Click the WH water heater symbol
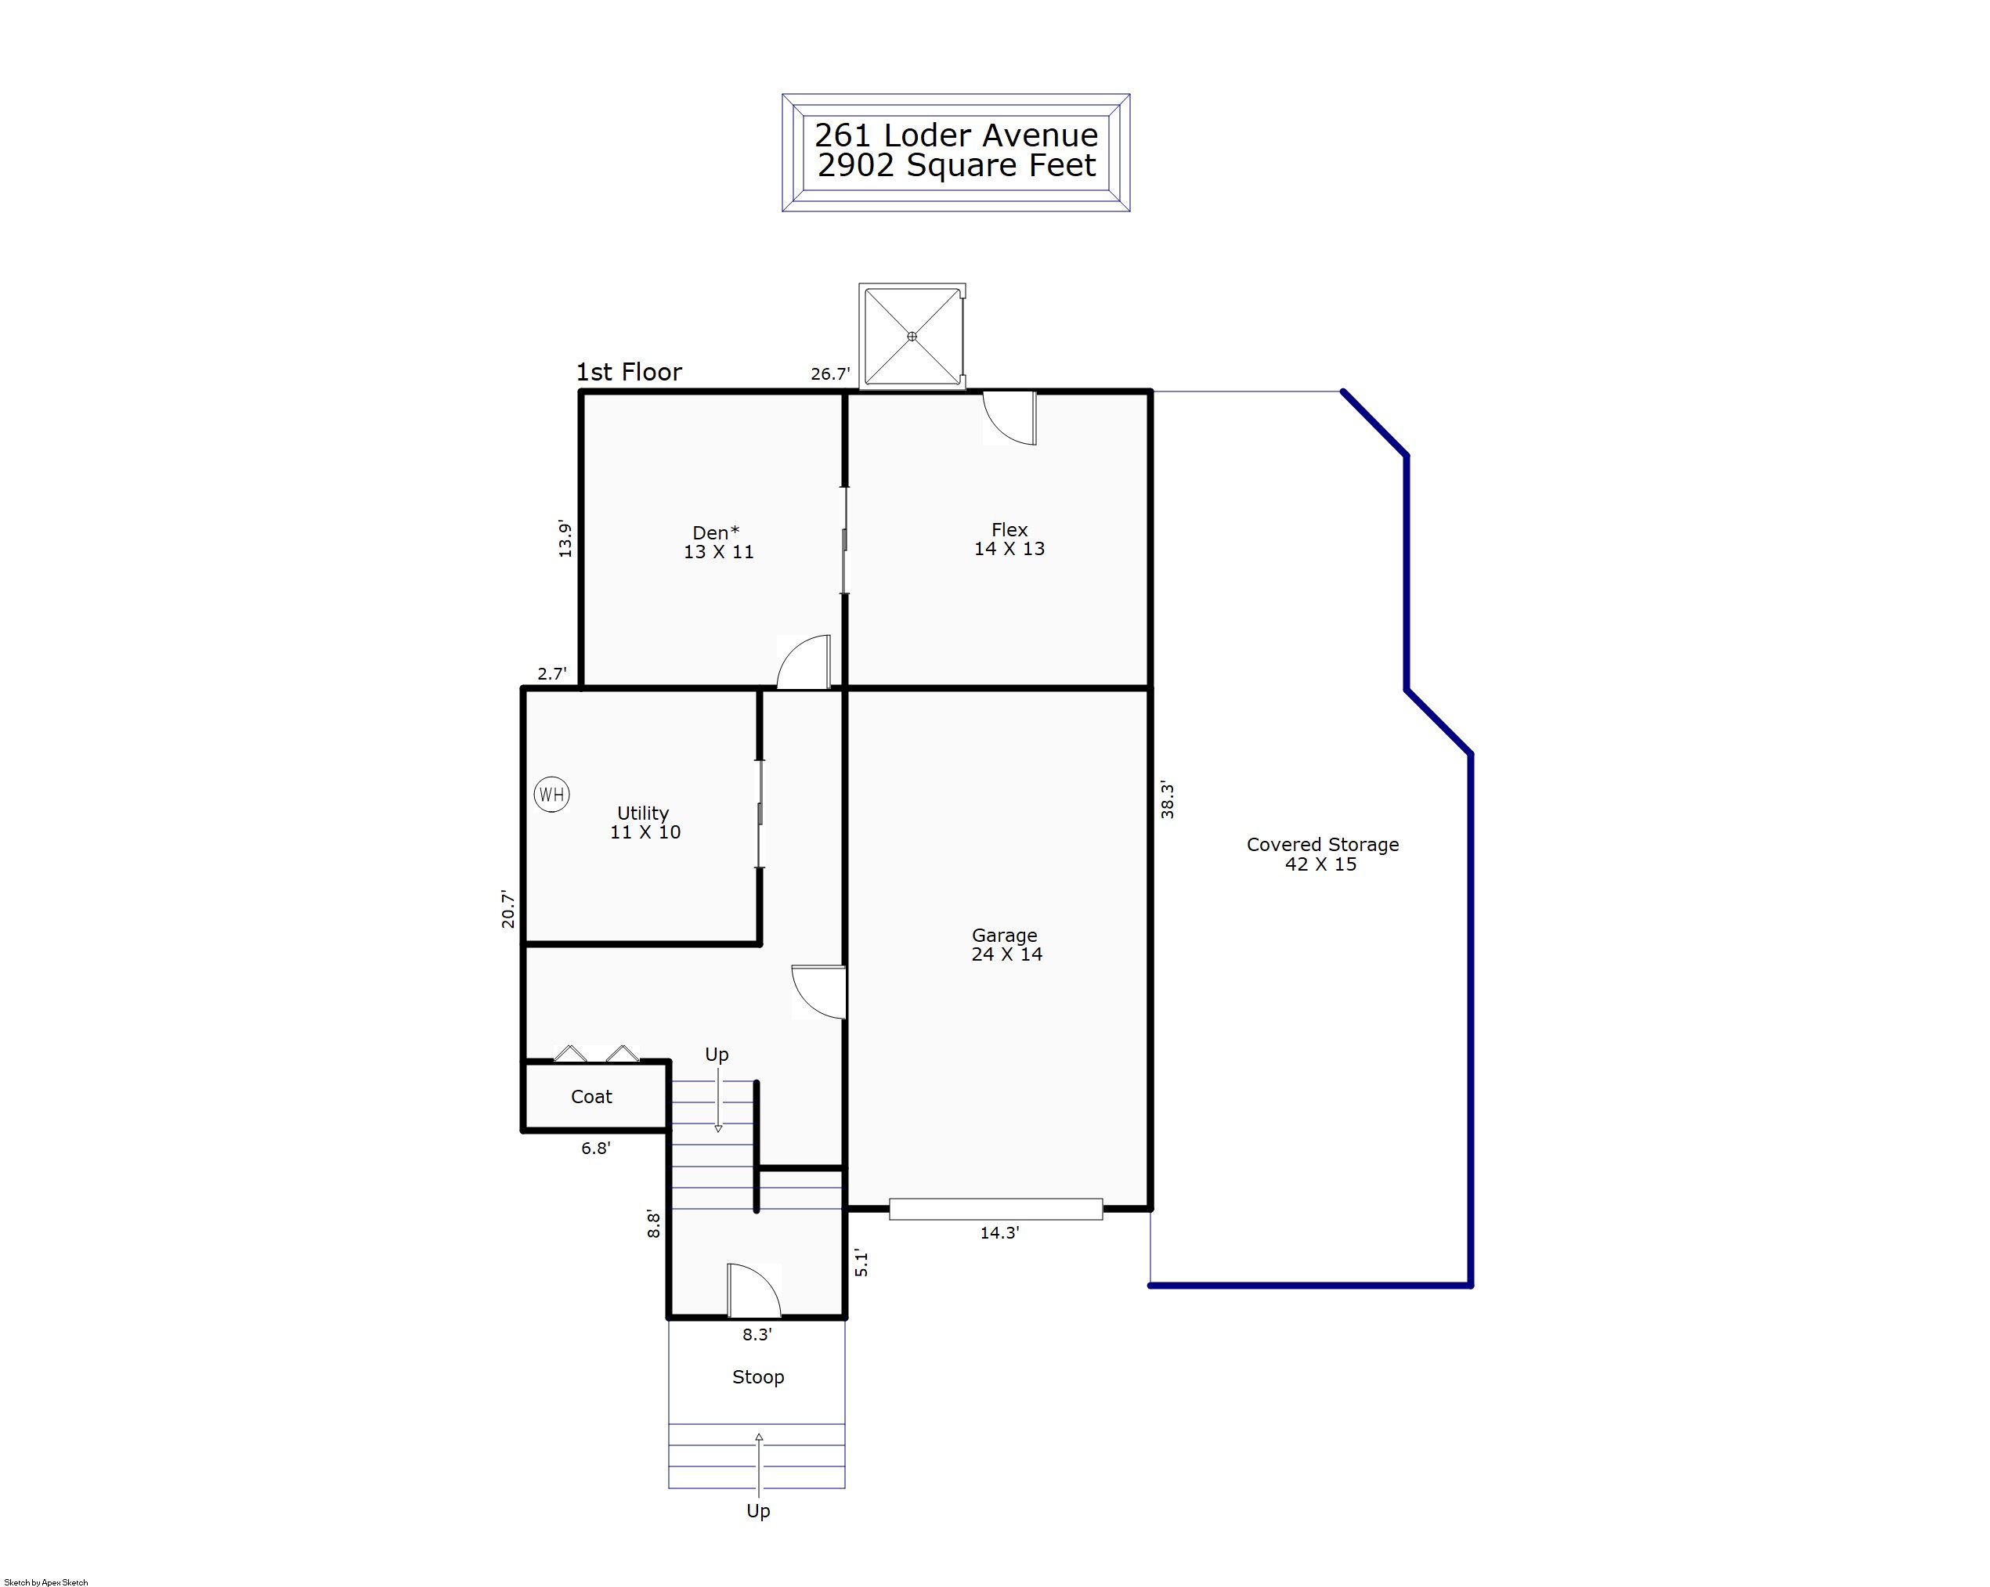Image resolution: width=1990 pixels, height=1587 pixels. tap(552, 795)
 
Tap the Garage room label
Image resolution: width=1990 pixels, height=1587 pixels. tap(1006, 945)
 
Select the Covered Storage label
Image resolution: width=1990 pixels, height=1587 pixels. tap(1323, 854)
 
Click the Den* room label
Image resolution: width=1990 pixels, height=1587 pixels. tap(718, 543)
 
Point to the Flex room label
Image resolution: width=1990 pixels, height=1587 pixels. tap(1009, 539)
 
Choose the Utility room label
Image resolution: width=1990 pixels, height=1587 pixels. tap(645, 823)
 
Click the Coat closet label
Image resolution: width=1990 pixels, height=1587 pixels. tap(591, 1097)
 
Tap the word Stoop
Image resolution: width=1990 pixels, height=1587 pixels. tap(758, 1377)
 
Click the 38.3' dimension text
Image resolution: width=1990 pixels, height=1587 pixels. tap(1168, 800)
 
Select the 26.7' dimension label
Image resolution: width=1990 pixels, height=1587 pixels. tap(831, 374)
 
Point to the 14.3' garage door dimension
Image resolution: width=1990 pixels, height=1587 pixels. tap(999, 1232)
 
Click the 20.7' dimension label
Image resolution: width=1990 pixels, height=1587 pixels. tap(508, 909)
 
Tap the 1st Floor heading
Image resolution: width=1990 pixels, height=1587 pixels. tap(629, 372)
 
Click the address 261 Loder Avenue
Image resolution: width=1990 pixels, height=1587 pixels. tap(956, 135)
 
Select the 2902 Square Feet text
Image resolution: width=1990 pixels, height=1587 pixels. tap(956, 165)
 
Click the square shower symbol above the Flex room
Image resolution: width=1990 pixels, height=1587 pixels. tap(912, 337)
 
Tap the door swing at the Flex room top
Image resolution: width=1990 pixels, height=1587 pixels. tap(1009, 418)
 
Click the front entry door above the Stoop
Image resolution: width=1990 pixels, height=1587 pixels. tap(754, 1291)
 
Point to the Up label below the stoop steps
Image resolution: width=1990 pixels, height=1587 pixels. tap(758, 1511)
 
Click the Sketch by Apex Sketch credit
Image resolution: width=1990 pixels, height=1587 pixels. tap(46, 1582)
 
